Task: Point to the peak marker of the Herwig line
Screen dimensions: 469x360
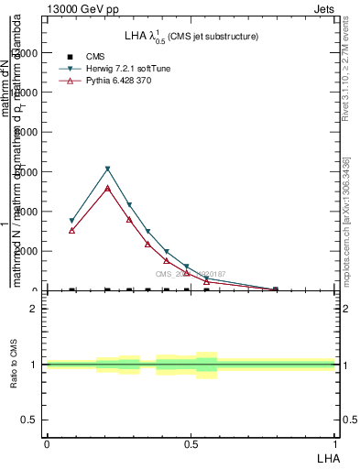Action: (x=107, y=169)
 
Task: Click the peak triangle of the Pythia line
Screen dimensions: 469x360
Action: (x=107, y=188)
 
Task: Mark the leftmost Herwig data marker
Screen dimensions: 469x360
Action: (x=71, y=221)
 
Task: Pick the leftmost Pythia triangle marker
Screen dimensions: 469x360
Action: (x=71, y=230)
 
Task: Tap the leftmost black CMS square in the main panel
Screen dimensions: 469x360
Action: (x=71, y=290)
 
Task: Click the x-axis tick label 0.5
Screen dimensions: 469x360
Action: (x=190, y=444)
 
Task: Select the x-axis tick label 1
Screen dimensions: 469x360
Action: (x=335, y=444)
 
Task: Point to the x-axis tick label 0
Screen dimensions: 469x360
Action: (x=46, y=444)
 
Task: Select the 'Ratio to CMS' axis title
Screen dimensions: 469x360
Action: (x=14, y=365)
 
